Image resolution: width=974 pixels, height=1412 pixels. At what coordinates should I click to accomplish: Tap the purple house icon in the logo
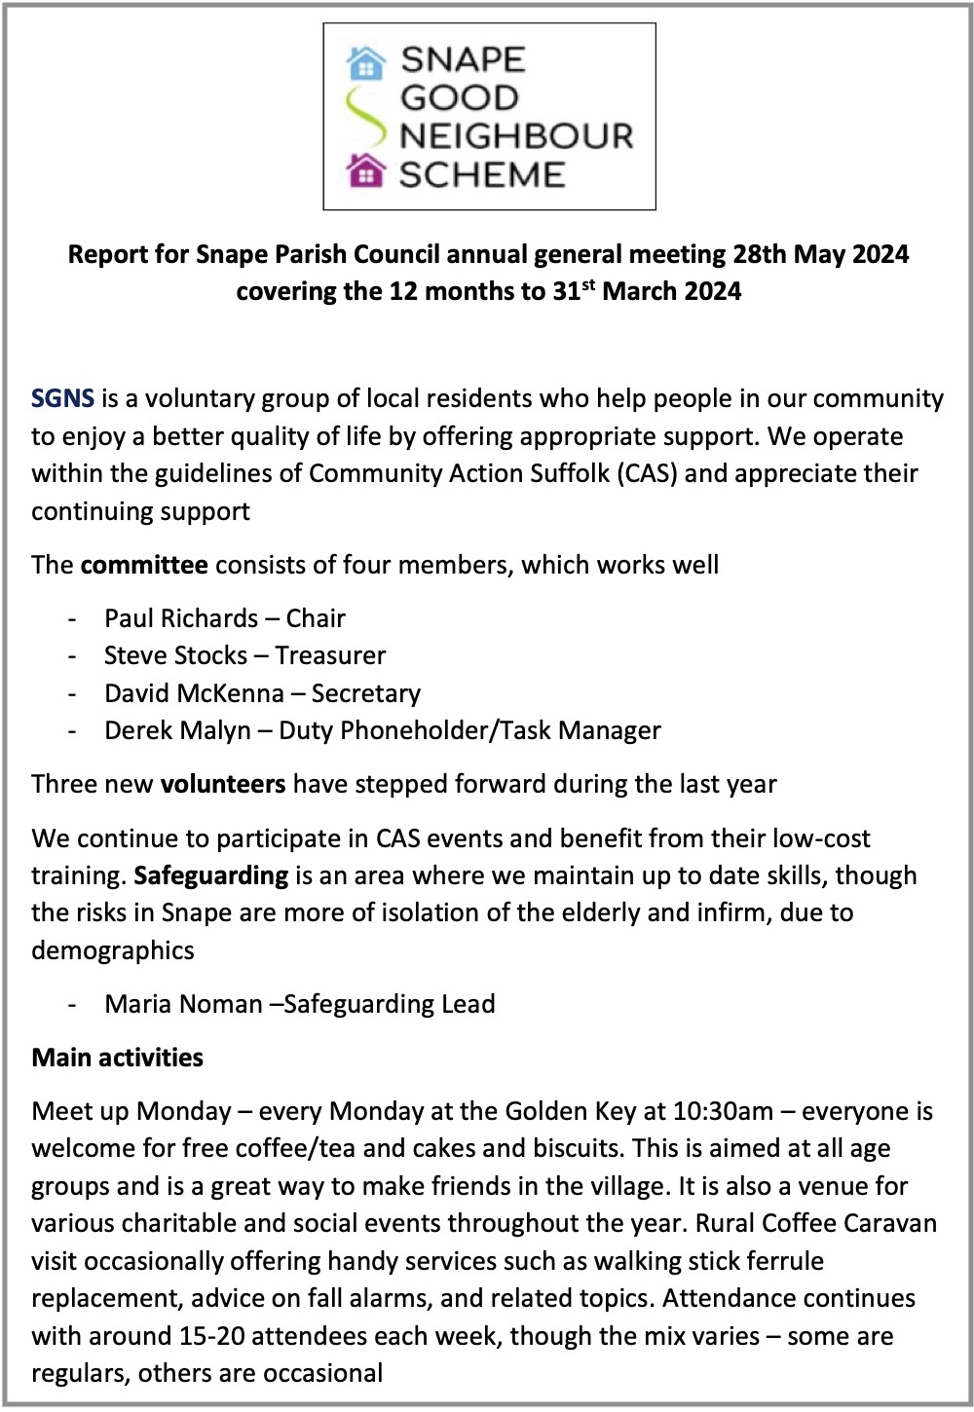click(x=366, y=171)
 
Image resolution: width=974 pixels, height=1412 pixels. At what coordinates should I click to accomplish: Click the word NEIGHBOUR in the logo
click(x=516, y=135)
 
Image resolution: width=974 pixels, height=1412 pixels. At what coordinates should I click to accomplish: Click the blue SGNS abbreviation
click(x=62, y=398)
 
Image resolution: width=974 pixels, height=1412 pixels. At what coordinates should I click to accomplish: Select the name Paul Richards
click(x=181, y=618)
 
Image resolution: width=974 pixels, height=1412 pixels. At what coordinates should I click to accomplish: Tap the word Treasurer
click(x=330, y=655)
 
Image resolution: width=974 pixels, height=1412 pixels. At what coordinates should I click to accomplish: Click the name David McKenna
click(x=194, y=693)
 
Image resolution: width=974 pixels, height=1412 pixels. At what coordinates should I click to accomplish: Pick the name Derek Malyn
click(x=177, y=730)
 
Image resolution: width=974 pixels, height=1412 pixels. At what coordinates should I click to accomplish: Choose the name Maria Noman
click(x=183, y=1004)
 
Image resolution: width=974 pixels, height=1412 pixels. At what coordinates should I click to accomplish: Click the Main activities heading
click(x=117, y=1058)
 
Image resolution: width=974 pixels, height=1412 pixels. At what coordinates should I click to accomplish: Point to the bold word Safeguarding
click(x=210, y=875)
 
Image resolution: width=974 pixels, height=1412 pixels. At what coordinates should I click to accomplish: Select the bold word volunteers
click(x=223, y=784)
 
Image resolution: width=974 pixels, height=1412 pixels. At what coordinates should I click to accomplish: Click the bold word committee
click(x=144, y=565)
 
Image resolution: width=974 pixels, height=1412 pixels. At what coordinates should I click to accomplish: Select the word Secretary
click(x=366, y=693)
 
